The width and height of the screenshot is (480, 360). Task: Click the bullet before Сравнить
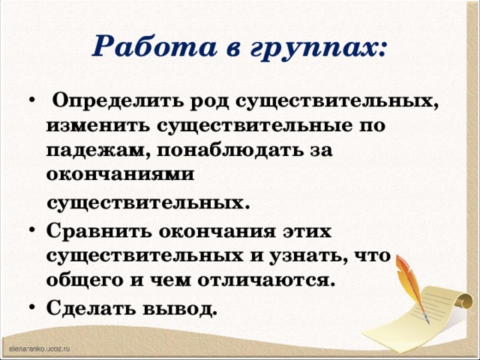pyautogui.click(x=31, y=229)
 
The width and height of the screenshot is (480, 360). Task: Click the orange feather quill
pyautogui.click(x=414, y=281)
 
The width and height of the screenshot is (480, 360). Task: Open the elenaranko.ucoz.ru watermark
pyautogui.click(x=39, y=349)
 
